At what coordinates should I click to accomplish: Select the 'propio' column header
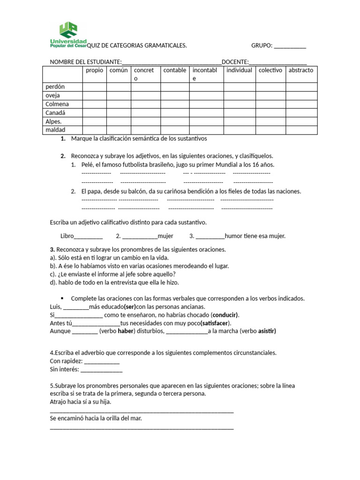94,70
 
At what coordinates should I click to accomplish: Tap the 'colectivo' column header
270,70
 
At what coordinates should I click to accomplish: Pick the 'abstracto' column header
301,70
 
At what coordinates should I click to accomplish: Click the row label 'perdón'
55,87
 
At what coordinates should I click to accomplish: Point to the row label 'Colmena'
57,104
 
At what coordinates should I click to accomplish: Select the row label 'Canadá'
55,113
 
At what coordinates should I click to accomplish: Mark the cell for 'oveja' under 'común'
118,96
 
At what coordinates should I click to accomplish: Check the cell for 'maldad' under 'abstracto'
301,130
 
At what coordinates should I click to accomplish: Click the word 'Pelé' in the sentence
87,165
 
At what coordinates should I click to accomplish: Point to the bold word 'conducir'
225,315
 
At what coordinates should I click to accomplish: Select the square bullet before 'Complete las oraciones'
62,298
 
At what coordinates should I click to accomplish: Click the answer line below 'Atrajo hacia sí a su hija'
141,411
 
